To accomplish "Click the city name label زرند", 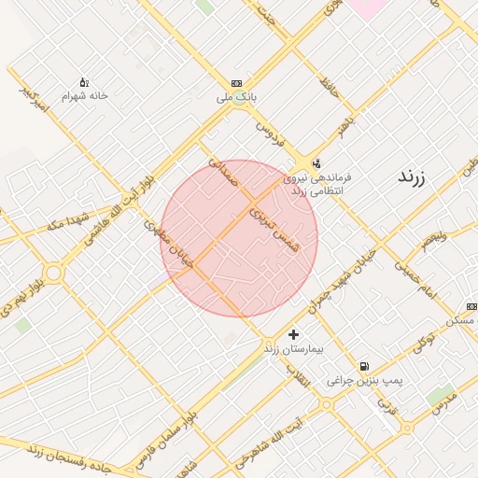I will [x=411, y=176].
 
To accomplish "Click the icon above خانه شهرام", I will [x=84, y=82].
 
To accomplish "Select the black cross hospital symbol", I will [x=294, y=334].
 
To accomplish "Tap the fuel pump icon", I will [x=363, y=366].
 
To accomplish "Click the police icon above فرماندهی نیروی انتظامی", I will [x=316, y=162].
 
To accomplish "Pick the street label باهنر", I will [x=347, y=128].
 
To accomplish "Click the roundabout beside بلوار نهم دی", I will [x=52, y=273].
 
